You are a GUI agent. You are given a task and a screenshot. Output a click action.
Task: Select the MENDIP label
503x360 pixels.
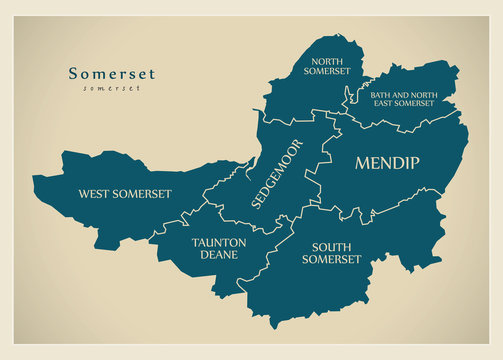387,163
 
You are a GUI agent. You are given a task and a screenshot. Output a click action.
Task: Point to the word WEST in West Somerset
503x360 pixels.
98,193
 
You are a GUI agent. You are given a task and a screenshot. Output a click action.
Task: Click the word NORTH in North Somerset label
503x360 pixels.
329,60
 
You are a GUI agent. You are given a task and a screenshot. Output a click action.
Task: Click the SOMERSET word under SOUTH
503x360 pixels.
335,259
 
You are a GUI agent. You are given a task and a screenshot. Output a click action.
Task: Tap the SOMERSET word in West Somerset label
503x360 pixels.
144,193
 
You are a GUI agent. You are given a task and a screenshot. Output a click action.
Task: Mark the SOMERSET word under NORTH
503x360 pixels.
329,71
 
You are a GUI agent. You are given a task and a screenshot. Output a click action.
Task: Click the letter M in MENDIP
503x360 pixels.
363,163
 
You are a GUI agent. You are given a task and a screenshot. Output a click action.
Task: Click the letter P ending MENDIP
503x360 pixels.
413,163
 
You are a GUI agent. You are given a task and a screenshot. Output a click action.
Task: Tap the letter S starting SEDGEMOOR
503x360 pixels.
259,203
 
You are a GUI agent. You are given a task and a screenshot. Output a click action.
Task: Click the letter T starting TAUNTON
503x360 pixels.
196,241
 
